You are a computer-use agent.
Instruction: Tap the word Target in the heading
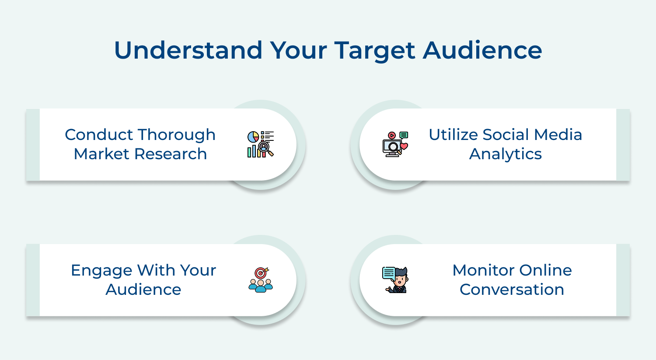pyautogui.click(x=375, y=51)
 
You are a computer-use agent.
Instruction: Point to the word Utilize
pyautogui.click(x=453, y=135)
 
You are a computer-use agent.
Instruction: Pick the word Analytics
pyautogui.click(x=506, y=154)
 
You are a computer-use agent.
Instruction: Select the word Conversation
pyautogui.click(x=512, y=290)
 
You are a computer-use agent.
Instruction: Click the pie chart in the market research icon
pyautogui.click(x=253, y=137)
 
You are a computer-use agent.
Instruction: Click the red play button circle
pyautogui.click(x=392, y=136)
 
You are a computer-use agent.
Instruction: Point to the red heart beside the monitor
pyautogui.click(x=404, y=146)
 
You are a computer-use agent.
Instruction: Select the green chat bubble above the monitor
pyautogui.click(x=404, y=135)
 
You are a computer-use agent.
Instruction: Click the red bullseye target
pyautogui.click(x=261, y=273)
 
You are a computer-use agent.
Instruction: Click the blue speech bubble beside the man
pyautogui.click(x=388, y=273)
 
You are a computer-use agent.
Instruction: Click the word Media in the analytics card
pyautogui.click(x=562, y=135)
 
